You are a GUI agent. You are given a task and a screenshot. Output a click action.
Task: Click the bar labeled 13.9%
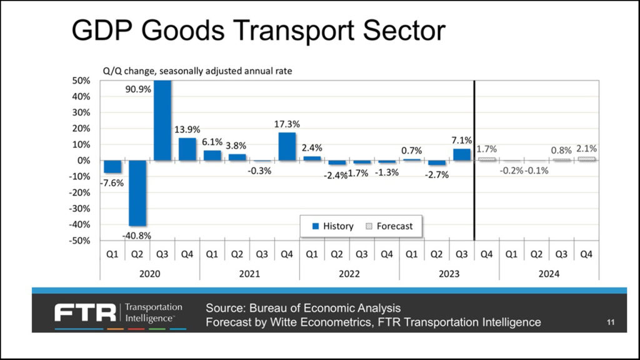coord(187,149)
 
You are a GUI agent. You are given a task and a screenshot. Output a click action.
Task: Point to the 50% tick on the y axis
coord(82,81)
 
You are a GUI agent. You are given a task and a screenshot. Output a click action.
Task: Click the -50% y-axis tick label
coord(81,241)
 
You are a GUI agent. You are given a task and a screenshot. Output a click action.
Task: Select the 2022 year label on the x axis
coord(349,274)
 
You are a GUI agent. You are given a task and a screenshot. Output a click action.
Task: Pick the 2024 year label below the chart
coord(549,274)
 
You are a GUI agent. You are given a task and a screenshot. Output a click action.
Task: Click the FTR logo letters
coord(85,312)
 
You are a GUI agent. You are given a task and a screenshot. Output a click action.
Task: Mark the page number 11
coord(611,322)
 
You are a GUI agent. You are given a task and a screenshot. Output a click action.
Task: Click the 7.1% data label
coord(462,141)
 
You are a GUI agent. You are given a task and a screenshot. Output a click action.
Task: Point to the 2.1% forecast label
coord(587,149)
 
